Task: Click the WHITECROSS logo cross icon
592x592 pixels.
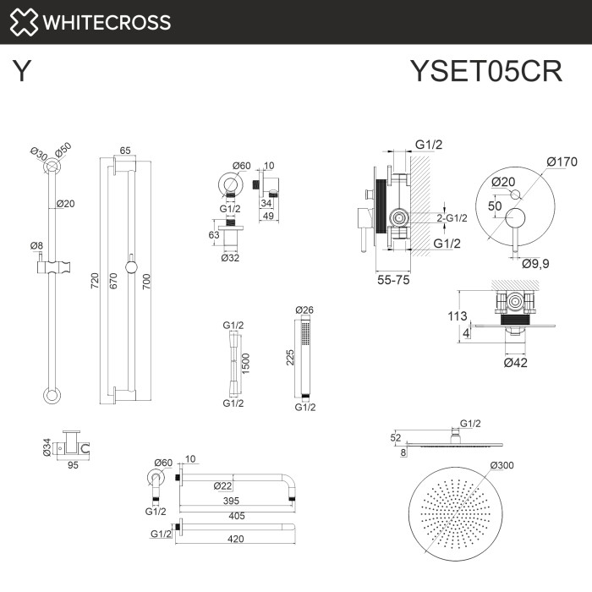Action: point(23,22)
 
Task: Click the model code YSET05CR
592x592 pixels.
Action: point(485,71)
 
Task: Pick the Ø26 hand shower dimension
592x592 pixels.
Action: point(304,310)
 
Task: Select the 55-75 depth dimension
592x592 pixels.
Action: point(393,280)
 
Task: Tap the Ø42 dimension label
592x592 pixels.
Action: point(516,363)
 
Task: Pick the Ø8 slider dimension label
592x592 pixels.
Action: point(36,246)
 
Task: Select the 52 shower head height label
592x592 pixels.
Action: point(395,437)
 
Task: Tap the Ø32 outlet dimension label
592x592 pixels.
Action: point(230,259)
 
